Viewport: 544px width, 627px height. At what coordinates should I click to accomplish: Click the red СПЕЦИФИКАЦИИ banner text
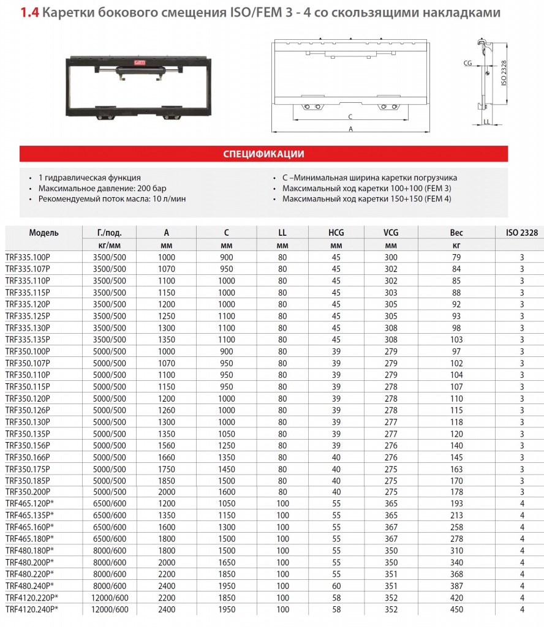[x=263, y=154]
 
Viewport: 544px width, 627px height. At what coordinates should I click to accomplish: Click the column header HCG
[x=336, y=233]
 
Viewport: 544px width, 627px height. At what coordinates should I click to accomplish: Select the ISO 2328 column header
[x=522, y=233]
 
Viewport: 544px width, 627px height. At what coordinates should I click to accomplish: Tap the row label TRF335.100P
[x=28, y=257]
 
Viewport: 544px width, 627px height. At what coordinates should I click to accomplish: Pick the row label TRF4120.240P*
[x=31, y=609]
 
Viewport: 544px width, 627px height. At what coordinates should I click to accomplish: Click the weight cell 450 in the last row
[x=456, y=609]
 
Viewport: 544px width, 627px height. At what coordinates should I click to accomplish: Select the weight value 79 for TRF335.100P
[x=456, y=257]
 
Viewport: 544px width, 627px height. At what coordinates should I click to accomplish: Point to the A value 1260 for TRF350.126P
[x=167, y=410]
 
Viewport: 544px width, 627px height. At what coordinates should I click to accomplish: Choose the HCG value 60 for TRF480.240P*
[x=336, y=585]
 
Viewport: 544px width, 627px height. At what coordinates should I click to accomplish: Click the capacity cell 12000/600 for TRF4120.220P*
[x=110, y=598]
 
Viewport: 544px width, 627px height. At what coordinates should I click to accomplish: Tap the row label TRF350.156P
[x=28, y=445]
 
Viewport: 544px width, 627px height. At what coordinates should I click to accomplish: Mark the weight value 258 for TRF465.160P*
[x=456, y=527]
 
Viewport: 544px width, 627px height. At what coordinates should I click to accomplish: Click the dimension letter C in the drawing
[x=350, y=116]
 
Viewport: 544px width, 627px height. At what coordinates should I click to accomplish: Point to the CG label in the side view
[x=467, y=62]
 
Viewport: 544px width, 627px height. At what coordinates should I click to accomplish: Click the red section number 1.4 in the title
[x=29, y=12]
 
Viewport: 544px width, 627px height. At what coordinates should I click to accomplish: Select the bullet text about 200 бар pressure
[x=102, y=188]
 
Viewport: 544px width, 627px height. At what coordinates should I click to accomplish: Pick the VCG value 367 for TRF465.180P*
[x=390, y=539]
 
